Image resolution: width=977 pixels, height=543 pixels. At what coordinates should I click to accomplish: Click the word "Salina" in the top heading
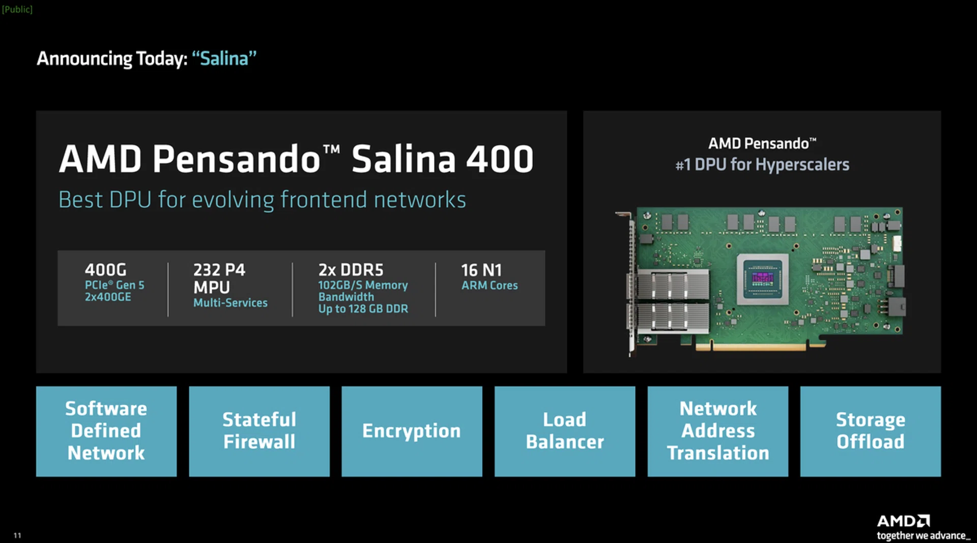coord(224,59)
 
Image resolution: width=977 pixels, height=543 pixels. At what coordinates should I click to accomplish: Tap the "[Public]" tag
coord(17,9)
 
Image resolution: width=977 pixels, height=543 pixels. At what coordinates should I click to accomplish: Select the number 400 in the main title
coord(499,159)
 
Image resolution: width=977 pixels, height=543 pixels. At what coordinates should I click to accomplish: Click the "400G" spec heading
coord(106,270)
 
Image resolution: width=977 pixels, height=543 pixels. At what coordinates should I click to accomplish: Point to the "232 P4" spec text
coord(219,270)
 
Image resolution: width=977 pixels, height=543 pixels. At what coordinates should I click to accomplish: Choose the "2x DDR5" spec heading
coord(351,270)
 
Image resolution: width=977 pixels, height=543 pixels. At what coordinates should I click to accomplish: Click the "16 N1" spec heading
coord(481,270)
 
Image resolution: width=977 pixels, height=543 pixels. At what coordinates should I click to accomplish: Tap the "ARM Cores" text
coord(490,285)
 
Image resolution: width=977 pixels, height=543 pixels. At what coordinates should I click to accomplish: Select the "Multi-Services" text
coord(230,303)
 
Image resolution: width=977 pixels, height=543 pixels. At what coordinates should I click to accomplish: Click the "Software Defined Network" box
coord(106,431)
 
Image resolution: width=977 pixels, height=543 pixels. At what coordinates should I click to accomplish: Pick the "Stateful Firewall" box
coord(259,431)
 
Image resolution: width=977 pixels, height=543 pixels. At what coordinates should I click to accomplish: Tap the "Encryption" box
coord(412,431)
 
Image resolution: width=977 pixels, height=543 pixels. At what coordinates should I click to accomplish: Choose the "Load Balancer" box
coord(565,431)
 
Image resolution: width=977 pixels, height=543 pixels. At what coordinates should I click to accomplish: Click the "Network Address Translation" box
coord(717,431)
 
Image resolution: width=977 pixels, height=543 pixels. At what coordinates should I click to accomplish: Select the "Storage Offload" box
coord(870,431)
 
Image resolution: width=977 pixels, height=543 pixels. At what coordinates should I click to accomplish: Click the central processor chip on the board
coord(763,279)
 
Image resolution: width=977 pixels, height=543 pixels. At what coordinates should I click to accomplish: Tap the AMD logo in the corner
coord(903,521)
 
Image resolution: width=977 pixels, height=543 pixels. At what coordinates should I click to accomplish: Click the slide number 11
coord(17,535)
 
